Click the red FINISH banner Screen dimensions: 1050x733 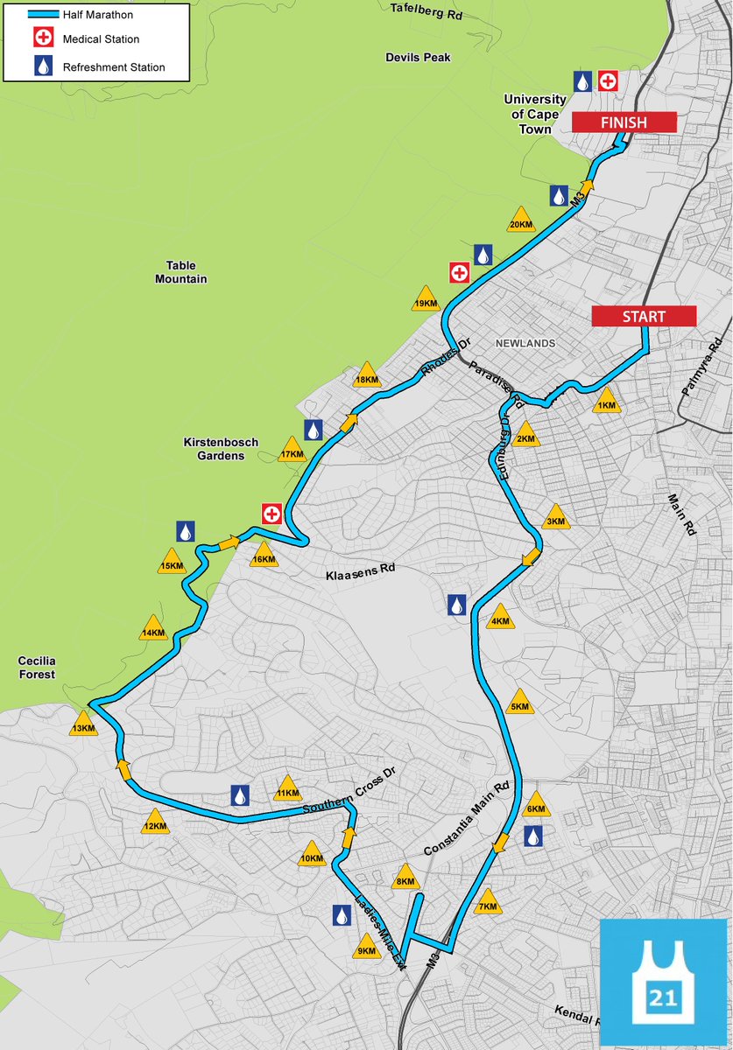point(624,122)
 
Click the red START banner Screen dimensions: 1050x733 point(644,316)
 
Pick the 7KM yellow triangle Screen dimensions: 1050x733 point(488,904)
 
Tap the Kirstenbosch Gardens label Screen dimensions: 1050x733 point(221,449)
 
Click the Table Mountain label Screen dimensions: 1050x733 point(181,272)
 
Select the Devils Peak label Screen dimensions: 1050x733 point(418,58)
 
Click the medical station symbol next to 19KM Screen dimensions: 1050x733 point(458,272)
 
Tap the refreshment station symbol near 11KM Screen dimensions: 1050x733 point(240,795)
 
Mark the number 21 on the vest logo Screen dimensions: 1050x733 point(663,998)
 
